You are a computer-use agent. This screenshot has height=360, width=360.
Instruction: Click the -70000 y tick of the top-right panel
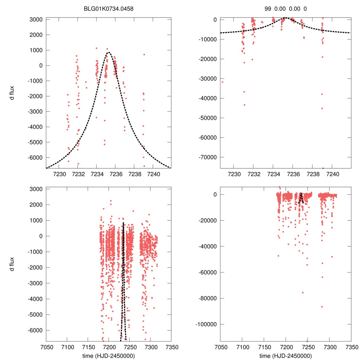(208, 157)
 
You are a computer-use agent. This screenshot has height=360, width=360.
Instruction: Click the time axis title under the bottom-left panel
(109, 355)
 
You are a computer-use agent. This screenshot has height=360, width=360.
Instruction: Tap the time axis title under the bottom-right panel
(286, 355)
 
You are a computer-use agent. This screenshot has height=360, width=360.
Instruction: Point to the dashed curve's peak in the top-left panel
(109, 52)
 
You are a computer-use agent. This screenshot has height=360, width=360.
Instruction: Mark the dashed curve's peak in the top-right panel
(285, 18)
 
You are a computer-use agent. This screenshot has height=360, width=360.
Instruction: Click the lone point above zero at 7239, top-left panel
(144, 54)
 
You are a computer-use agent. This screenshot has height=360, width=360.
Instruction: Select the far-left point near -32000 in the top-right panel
(222, 82)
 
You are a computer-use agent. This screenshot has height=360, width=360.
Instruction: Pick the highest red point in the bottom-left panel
(111, 201)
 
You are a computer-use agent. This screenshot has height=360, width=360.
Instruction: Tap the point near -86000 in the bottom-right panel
(322, 307)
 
